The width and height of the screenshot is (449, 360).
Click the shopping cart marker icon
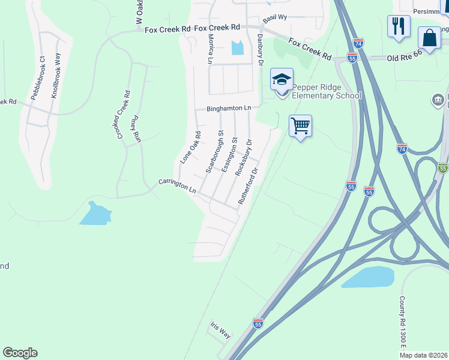300,126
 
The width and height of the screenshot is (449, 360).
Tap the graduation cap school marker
282,79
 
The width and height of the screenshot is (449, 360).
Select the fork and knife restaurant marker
399,26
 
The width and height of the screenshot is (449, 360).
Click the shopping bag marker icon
430,38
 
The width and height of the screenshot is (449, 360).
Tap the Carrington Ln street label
178,185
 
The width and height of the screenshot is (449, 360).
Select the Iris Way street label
220,329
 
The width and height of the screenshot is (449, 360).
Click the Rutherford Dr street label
247,186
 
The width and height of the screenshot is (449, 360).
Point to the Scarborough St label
214,152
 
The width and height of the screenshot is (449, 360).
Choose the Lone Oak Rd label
190,147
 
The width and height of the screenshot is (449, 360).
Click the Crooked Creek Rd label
123,115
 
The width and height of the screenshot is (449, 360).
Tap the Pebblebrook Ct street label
38,78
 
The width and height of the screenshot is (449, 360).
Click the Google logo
20,353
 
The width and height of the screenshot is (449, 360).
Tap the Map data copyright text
423,355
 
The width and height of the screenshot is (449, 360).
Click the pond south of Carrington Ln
95,214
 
